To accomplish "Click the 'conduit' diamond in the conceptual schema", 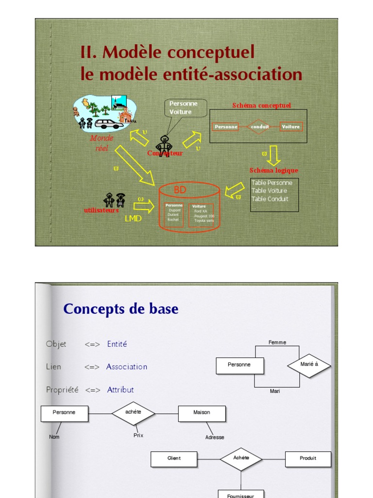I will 259,127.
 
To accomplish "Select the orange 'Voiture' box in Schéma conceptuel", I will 291,127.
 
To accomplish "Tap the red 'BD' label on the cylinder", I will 180,190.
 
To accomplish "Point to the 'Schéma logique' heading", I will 273,171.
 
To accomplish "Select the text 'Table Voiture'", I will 269,191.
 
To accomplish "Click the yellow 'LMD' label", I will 133,219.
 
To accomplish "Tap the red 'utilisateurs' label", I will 101,211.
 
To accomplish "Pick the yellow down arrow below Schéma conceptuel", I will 274,156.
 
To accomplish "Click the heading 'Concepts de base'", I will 121,309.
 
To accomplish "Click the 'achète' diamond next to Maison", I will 133,413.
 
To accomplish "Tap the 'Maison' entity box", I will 202,413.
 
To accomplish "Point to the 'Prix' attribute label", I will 138,435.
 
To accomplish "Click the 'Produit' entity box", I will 308,459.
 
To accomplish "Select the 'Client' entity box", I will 174,459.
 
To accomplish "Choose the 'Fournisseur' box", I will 241,495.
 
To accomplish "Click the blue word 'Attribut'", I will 120,390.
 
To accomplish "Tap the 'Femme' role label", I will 277,342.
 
